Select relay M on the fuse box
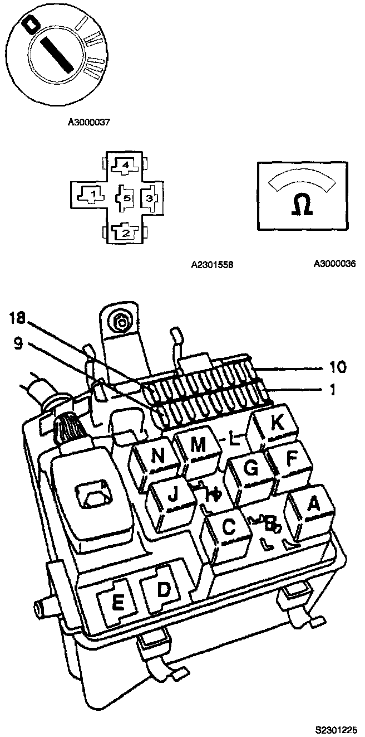click(198, 444)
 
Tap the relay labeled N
click(159, 457)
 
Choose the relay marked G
click(251, 468)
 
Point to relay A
click(313, 505)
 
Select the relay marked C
click(229, 527)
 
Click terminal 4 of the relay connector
click(125, 165)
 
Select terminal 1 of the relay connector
click(94, 195)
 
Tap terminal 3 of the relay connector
click(150, 197)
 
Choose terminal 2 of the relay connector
click(125, 232)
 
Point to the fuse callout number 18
click(17, 318)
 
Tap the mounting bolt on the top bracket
click(119, 321)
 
